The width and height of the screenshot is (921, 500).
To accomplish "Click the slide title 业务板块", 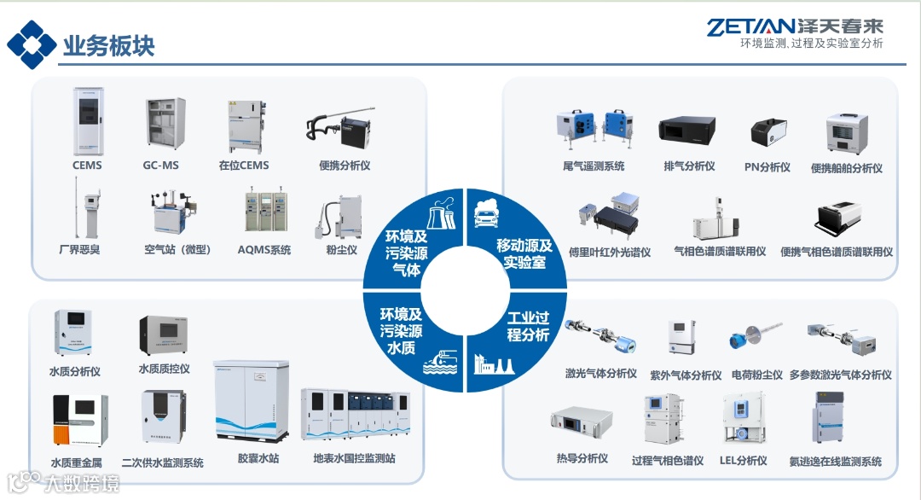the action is (109, 45).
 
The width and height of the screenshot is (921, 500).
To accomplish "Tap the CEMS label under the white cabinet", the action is (87, 165).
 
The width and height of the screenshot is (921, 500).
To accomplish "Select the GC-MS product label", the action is (160, 165).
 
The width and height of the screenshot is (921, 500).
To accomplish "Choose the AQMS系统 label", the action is (264, 250).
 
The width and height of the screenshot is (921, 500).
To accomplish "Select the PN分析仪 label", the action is (767, 167).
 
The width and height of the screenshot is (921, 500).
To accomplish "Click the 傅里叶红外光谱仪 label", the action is (610, 253).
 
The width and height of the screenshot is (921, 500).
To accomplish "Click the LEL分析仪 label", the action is (744, 461).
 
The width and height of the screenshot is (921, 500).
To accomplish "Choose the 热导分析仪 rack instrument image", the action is (582, 422).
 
